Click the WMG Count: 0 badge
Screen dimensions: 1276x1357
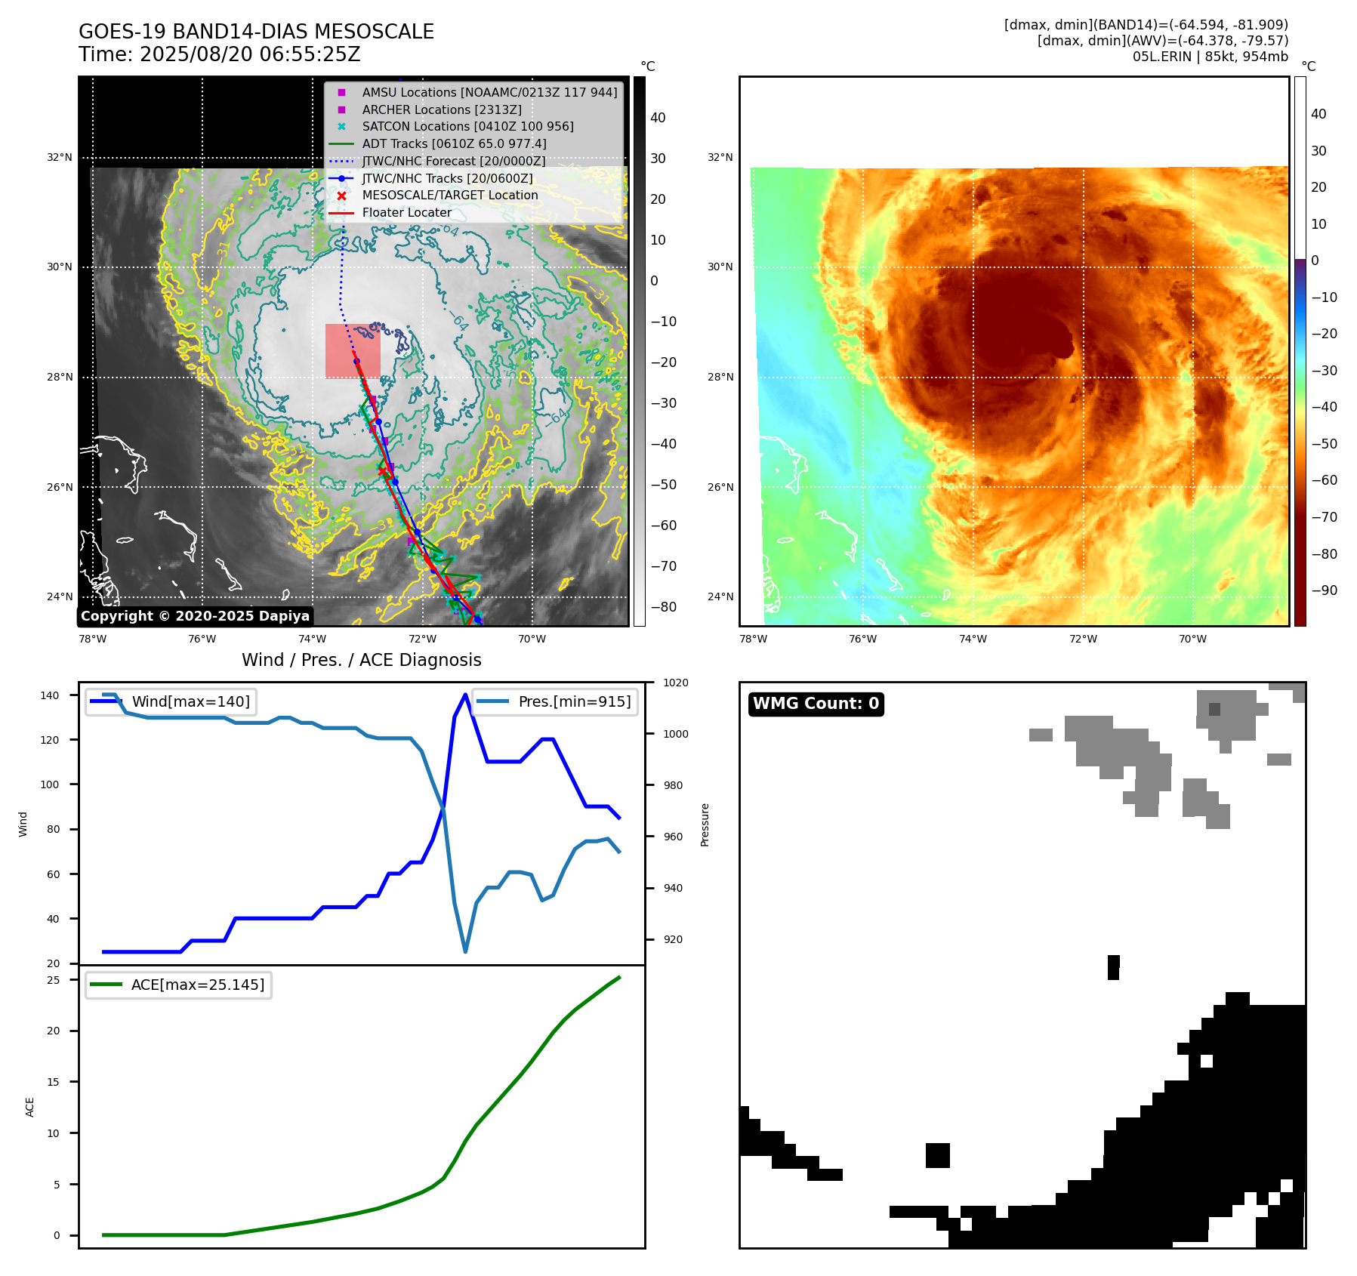click(816, 704)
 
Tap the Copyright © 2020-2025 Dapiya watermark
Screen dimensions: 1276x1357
click(195, 616)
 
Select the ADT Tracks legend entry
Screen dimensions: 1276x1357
click(453, 143)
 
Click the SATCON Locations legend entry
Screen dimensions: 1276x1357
click(467, 126)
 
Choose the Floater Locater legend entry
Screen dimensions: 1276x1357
click(406, 212)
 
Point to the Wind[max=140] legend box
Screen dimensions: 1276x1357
click(171, 701)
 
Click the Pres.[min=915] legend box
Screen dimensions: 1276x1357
click(555, 701)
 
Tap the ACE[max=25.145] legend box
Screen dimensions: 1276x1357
click(179, 985)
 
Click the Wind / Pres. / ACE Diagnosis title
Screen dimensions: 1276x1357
click(361, 660)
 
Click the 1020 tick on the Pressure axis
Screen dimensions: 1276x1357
click(676, 683)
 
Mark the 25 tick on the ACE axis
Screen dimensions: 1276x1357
click(53, 980)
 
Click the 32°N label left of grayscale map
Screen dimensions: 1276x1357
click(60, 158)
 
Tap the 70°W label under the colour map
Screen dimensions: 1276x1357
click(1192, 639)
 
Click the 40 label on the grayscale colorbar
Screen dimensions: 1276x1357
click(658, 118)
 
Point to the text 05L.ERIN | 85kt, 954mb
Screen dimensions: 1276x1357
click(1210, 57)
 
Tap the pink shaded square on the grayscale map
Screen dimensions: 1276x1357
click(352, 350)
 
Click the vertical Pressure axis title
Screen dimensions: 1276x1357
click(705, 824)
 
